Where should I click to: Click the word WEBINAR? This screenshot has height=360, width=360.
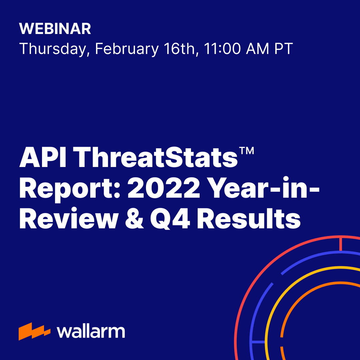click(55, 29)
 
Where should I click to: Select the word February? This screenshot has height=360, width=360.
click(127, 49)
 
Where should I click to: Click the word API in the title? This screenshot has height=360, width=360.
click(43, 158)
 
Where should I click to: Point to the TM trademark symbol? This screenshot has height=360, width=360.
click(246, 151)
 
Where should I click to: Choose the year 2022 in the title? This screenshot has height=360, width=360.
click(164, 188)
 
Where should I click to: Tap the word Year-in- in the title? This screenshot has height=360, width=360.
click(263, 188)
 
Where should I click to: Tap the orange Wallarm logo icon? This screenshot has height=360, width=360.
click(34, 331)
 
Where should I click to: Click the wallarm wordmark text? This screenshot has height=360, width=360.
click(91, 331)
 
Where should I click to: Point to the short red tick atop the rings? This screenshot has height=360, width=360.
click(340, 244)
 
